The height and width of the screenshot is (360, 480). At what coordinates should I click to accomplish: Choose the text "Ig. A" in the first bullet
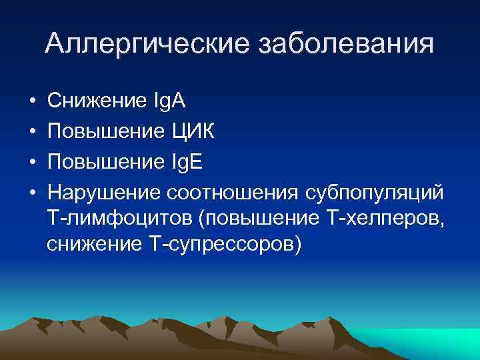point(168,102)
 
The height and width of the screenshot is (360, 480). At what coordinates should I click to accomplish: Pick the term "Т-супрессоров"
point(224,245)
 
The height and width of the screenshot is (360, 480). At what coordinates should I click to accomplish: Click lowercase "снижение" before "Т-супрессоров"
point(91,245)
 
